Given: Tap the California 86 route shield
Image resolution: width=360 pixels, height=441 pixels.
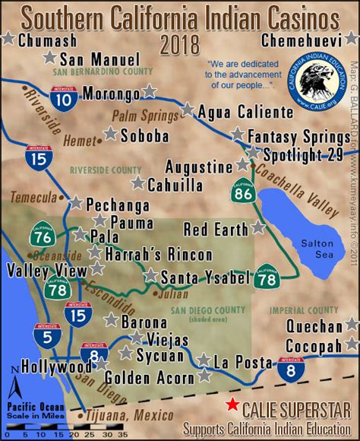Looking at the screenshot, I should [244, 195].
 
